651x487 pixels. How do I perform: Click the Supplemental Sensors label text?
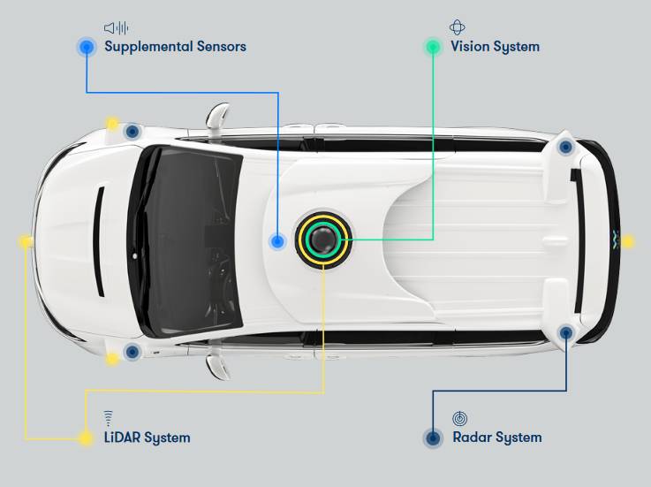(175, 46)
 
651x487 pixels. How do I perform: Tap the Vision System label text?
(495, 46)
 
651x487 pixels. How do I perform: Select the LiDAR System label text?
(148, 438)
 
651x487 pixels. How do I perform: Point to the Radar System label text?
(497, 438)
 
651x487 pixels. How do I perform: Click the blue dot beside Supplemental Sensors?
(87, 47)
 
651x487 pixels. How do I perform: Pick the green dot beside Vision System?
(433, 47)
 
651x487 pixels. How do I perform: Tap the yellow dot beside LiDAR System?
(86, 438)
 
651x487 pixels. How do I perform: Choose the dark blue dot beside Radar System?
(433, 438)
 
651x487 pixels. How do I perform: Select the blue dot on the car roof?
(277, 240)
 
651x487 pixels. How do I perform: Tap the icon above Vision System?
(458, 27)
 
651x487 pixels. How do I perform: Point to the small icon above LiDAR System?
(109, 417)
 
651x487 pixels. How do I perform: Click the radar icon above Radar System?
(459, 417)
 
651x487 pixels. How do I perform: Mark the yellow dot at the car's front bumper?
(26, 240)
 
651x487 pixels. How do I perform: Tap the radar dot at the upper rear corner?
(566, 147)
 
